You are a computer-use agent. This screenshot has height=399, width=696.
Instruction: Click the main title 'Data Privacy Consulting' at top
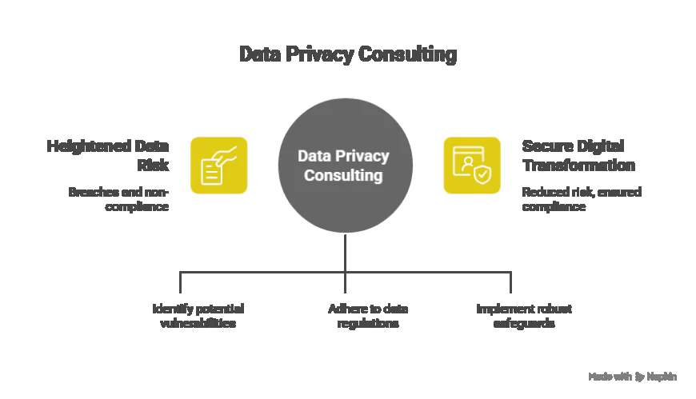(x=348, y=54)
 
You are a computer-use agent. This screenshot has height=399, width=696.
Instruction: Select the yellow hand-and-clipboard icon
(x=218, y=166)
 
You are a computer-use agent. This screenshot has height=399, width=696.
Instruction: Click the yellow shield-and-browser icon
(x=472, y=166)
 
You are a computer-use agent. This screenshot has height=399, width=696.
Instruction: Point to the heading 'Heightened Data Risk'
(x=109, y=155)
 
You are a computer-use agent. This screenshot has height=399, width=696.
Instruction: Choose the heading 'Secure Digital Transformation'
(x=578, y=155)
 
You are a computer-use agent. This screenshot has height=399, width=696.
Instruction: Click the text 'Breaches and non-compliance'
(x=118, y=199)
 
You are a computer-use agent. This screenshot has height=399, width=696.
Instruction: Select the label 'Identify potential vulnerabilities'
(x=198, y=316)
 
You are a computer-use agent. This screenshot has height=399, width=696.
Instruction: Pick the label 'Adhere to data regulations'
(x=363, y=316)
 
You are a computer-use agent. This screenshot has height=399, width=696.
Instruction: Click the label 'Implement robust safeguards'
(x=523, y=316)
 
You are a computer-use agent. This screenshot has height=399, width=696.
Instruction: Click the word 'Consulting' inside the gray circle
(x=343, y=175)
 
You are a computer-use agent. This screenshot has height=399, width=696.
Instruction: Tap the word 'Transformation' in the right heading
(x=578, y=166)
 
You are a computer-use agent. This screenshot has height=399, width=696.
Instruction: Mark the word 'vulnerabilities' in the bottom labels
(x=198, y=324)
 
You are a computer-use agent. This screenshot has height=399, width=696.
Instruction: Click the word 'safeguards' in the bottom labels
(x=523, y=324)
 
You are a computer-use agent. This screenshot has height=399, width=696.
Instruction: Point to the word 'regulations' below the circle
(x=363, y=324)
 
